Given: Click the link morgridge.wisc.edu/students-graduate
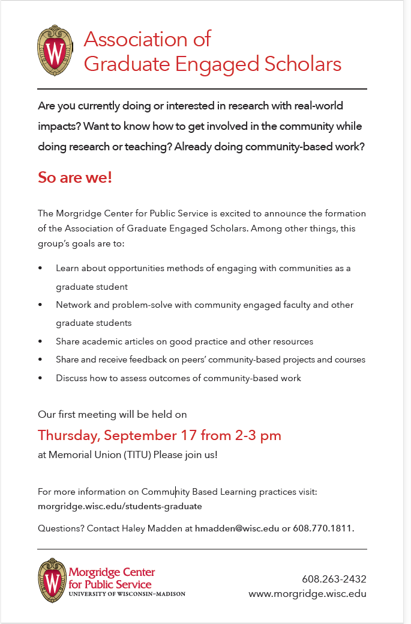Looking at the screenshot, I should [x=119, y=506].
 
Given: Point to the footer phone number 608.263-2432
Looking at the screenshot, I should [x=334, y=579].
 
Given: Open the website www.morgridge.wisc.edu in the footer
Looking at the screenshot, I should [x=307, y=594].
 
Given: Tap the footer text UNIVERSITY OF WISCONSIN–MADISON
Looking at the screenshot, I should [x=127, y=594].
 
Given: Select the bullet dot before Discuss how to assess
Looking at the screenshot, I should [x=40, y=378].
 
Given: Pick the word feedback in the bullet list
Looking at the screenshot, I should [x=150, y=359].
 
